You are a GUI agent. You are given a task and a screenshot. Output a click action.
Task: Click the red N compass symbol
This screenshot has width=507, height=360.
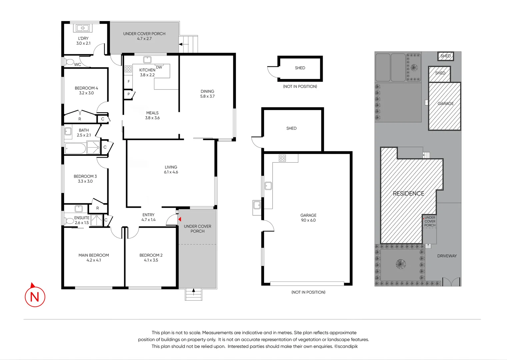pyautogui.click(x=35, y=296)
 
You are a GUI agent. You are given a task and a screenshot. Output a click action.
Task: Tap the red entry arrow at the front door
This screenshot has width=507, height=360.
pyautogui.click(x=180, y=219)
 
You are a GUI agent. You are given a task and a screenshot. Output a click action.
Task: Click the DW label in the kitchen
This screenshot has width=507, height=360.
pyautogui.click(x=159, y=67)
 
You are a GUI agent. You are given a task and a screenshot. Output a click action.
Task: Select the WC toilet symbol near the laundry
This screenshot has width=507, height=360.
pyautogui.click(x=70, y=62)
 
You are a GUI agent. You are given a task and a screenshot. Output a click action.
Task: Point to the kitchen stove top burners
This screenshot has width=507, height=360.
pyautogui.click(x=128, y=69)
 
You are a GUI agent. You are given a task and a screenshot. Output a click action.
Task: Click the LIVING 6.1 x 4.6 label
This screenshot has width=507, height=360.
pyautogui.click(x=171, y=170)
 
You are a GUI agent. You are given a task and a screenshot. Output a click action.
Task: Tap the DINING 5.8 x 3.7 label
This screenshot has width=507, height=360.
pyautogui.click(x=207, y=94)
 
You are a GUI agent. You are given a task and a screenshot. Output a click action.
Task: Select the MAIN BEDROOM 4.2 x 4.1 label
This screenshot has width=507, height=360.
pyautogui.click(x=94, y=258)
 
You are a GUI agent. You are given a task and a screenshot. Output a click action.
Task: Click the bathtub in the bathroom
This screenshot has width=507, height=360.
pyautogui.click(x=75, y=148)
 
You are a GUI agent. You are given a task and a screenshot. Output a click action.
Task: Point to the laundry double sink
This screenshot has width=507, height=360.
pyautogui.click(x=83, y=28)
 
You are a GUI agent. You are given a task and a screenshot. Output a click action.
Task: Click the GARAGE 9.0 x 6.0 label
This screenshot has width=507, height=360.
pyautogui.click(x=308, y=218)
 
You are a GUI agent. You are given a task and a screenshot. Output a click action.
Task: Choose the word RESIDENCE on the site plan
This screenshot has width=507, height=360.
pyautogui.click(x=408, y=193)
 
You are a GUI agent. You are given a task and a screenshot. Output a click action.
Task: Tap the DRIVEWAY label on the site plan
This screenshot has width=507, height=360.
pyautogui.click(x=447, y=256)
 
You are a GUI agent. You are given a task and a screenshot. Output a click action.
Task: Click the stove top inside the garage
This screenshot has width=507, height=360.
pyautogui.click(x=282, y=158)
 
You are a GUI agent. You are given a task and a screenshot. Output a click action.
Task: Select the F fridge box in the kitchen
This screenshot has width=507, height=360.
pyautogui.click(x=129, y=82)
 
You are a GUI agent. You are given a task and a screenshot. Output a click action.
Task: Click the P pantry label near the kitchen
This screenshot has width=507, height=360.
pyautogui.click(x=129, y=94)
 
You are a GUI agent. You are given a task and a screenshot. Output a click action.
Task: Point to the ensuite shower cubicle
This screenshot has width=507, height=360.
pyautogui.click(x=97, y=220)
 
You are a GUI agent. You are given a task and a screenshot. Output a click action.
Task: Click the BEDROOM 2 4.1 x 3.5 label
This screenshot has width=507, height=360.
pyautogui.click(x=151, y=258)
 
